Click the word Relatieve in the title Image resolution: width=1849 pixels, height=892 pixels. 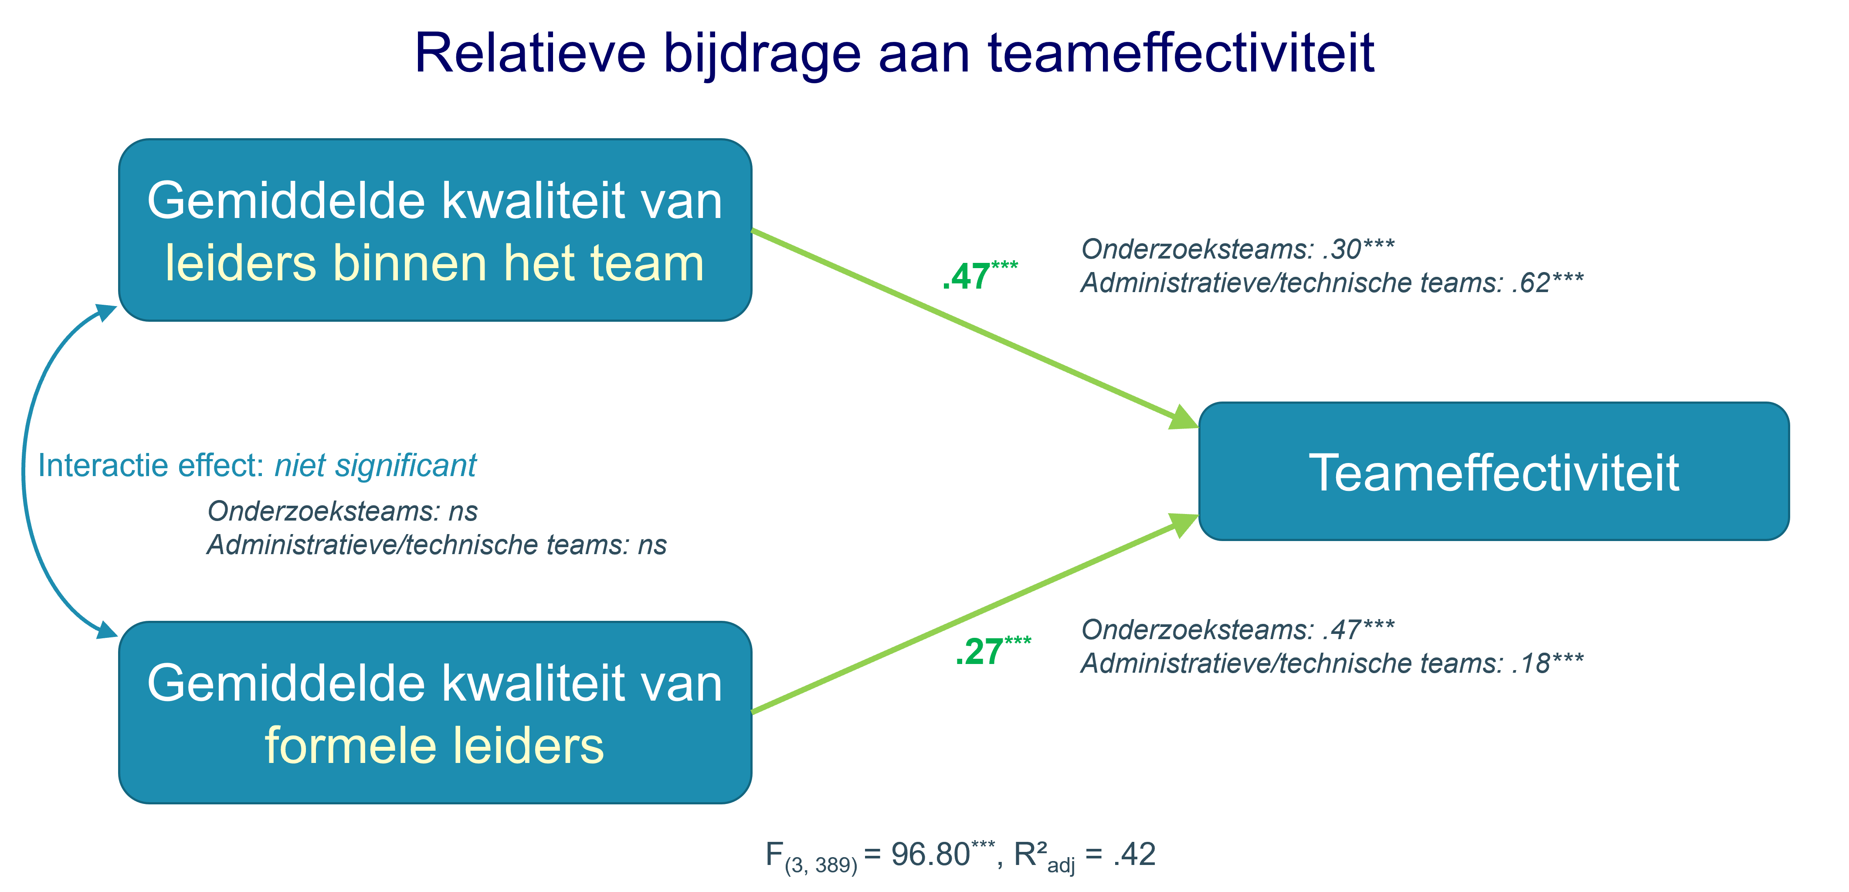pyautogui.click(x=530, y=53)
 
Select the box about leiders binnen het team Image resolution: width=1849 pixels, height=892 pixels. pyautogui.click(x=435, y=230)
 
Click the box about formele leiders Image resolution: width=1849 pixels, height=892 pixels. pyautogui.click(x=435, y=712)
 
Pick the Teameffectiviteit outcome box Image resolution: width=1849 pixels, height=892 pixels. pyautogui.click(x=1494, y=472)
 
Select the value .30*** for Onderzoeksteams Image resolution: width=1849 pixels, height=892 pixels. pyautogui.click(x=1358, y=249)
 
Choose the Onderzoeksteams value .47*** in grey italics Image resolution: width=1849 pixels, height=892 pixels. pyautogui.click(x=1358, y=630)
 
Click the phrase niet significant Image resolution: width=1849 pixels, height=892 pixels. pyautogui.click(x=375, y=465)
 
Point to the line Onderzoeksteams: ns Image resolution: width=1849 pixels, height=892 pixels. pyautogui.click(x=343, y=511)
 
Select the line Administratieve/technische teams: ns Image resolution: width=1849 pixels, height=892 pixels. pyautogui.click(x=436, y=545)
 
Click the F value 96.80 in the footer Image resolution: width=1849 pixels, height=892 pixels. pyautogui.click(x=930, y=855)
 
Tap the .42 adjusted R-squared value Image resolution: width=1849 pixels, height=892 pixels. pyautogui.click(x=1134, y=855)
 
